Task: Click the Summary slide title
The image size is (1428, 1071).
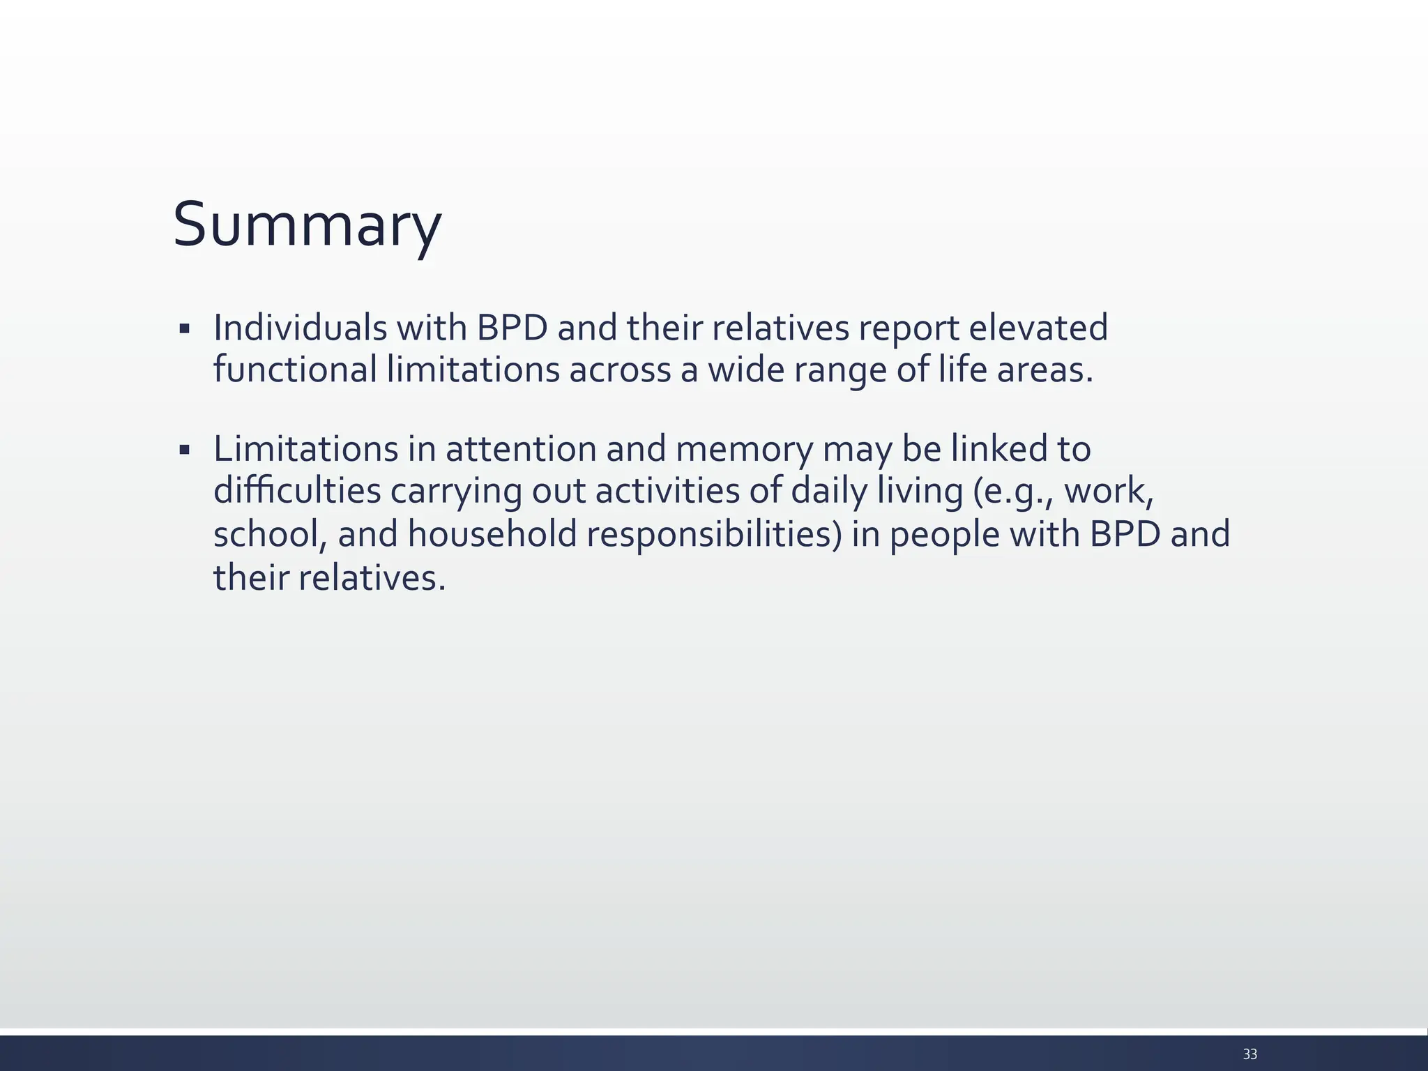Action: (x=307, y=225)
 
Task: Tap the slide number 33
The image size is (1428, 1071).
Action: (x=1249, y=1054)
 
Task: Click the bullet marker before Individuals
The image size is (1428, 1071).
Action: (x=184, y=328)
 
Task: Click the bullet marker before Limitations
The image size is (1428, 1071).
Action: (x=184, y=450)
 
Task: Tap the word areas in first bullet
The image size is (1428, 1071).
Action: (x=1044, y=370)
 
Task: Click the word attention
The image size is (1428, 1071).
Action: (x=521, y=448)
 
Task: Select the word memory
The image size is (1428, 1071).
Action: (x=743, y=450)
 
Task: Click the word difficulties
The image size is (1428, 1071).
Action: (x=297, y=491)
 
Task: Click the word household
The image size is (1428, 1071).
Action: (x=492, y=534)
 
